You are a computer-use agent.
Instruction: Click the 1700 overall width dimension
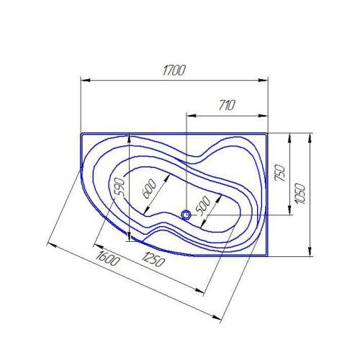tap(174, 71)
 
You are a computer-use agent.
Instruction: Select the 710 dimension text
tap(226, 105)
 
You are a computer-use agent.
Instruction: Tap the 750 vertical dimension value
tap(281, 173)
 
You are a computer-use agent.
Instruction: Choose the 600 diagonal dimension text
tap(149, 188)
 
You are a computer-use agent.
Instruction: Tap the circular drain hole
tap(186, 214)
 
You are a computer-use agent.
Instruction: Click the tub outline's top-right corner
tap(267, 133)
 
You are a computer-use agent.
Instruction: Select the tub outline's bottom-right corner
tap(267, 256)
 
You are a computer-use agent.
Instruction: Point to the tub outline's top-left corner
tap(81, 134)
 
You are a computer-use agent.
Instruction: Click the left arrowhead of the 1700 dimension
tap(82, 79)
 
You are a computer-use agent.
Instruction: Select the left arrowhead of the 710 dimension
tap(189, 114)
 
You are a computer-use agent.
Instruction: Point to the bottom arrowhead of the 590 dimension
tap(128, 238)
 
